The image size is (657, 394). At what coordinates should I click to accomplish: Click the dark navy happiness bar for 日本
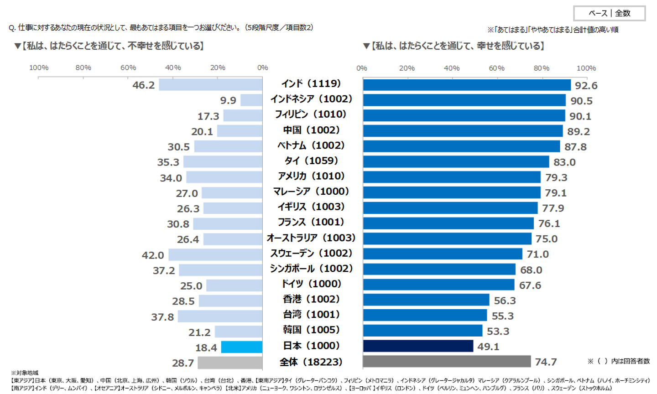[418, 346]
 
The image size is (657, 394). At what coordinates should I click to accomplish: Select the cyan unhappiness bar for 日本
[242, 347]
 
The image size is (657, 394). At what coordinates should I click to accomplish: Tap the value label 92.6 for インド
[586, 86]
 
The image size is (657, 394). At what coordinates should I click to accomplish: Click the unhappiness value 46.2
[144, 85]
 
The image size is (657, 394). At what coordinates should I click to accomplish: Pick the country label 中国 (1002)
[311, 130]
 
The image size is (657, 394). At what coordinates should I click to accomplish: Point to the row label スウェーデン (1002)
[311, 253]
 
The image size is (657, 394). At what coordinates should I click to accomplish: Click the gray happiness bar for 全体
[447, 362]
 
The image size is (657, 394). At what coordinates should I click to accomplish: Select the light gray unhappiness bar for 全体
[230, 363]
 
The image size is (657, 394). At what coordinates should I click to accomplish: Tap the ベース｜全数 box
[609, 13]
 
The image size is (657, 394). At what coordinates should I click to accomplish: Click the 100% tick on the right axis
[586, 68]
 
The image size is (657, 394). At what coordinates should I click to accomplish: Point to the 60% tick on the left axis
[128, 68]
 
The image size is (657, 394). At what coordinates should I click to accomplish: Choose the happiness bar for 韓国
[422, 331]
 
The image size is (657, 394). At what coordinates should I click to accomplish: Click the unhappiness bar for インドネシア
[251, 100]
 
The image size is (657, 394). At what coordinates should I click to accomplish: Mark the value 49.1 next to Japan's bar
[488, 347]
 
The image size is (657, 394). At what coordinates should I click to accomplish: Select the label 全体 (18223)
[311, 362]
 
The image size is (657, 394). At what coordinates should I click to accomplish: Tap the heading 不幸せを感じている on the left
[109, 46]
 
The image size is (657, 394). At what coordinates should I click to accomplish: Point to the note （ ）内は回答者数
[619, 361]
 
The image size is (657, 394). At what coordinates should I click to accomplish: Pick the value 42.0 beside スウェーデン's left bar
[153, 255]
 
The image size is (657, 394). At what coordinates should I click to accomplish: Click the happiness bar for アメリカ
[452, 177]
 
